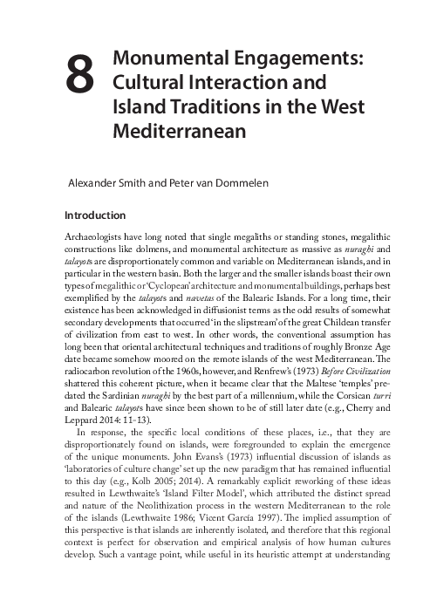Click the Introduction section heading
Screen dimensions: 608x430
(x=96, y=215)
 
